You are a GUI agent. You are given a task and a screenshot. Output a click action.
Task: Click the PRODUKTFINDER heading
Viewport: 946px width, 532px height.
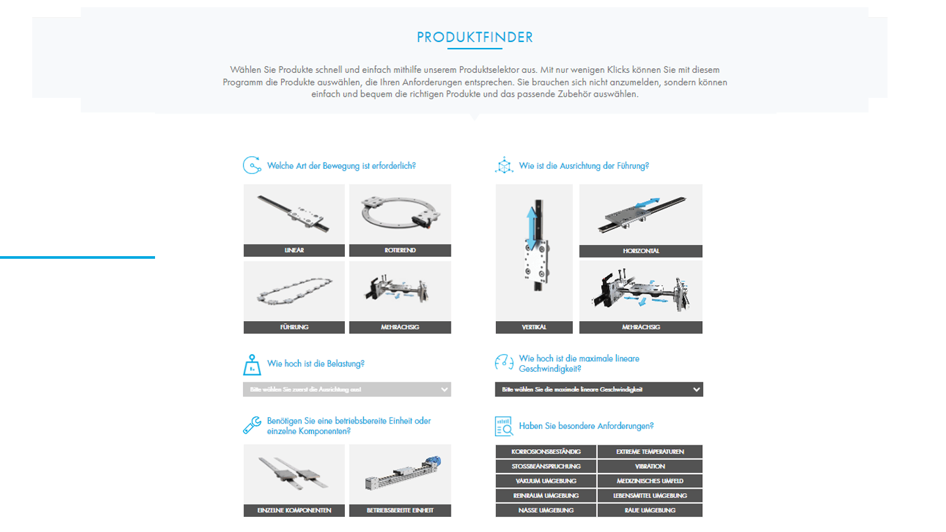tap(474, 37)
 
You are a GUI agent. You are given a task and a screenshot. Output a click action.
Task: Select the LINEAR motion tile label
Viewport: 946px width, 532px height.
tap(294, 250)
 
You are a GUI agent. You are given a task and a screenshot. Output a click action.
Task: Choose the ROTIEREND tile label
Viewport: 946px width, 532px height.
tap(400, 250)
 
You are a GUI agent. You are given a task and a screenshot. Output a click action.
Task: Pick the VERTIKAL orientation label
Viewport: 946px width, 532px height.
tap(533, 327)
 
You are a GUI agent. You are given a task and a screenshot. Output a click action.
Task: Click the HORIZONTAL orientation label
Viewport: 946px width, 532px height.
tap(641, 251)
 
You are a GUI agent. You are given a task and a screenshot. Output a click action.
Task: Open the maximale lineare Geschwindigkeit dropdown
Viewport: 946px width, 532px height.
tap(598, 389)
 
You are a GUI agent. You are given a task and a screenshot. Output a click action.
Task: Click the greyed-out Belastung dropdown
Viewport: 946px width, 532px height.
tap(347, 389)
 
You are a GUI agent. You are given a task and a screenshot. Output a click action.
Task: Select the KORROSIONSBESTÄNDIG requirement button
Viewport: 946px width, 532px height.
tap(546, 452)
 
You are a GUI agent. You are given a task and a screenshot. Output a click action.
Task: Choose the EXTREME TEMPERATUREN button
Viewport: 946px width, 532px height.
tap(650, 452)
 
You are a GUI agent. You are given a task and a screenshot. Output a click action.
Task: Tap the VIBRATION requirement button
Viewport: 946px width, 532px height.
tap(650, 466)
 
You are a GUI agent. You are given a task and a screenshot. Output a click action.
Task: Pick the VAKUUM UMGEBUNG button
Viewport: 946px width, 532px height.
tap(546, 481)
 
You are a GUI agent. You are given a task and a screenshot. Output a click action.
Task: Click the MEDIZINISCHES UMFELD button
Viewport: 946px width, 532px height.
tap(650, 481)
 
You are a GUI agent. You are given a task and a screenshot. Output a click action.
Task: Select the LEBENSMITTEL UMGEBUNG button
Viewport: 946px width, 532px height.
tap(650, 495)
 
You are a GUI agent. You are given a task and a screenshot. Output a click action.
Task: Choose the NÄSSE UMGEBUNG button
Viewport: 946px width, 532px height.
tap(546, 510)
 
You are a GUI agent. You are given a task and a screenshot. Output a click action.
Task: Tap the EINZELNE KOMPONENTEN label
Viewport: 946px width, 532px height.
tap(294, 510)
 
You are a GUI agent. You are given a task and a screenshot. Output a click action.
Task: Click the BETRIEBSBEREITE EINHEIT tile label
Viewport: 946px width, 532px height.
tap(400, 510)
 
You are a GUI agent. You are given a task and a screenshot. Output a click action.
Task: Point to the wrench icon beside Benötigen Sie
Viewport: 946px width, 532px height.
tap(252, 426)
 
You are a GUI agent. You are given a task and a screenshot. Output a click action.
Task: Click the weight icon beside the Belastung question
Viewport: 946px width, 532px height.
tap(252, 365)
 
